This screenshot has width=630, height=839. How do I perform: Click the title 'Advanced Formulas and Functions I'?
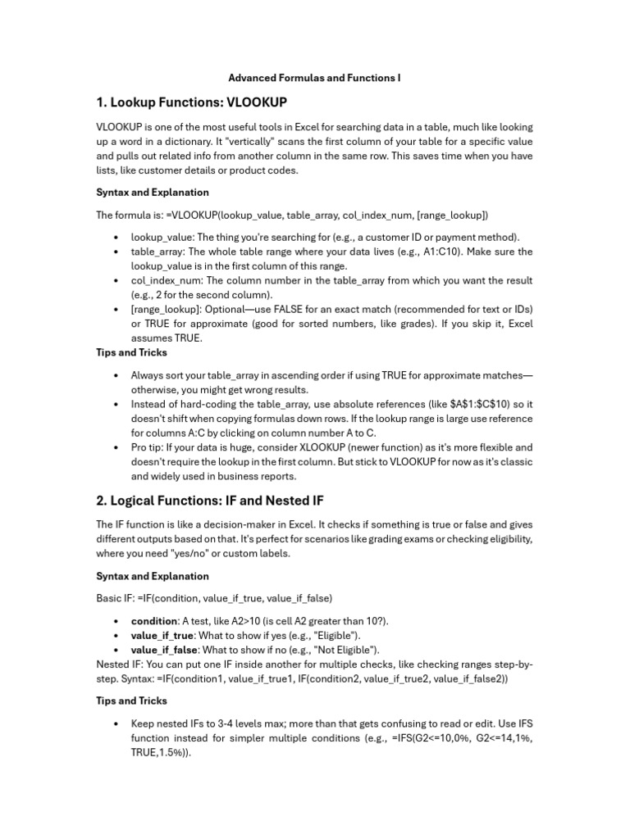(x=314, y=79)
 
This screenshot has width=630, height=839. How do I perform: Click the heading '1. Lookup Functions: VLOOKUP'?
(x=192, y=102)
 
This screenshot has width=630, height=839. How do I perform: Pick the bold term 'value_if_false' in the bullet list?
(x=164, y=650)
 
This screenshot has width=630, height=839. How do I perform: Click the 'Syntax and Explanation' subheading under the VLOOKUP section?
(x=153, y=193)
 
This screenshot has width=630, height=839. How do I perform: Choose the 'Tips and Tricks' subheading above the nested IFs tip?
(x=131, y=701)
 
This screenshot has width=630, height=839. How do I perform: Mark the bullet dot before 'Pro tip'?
(x=116, y=447)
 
